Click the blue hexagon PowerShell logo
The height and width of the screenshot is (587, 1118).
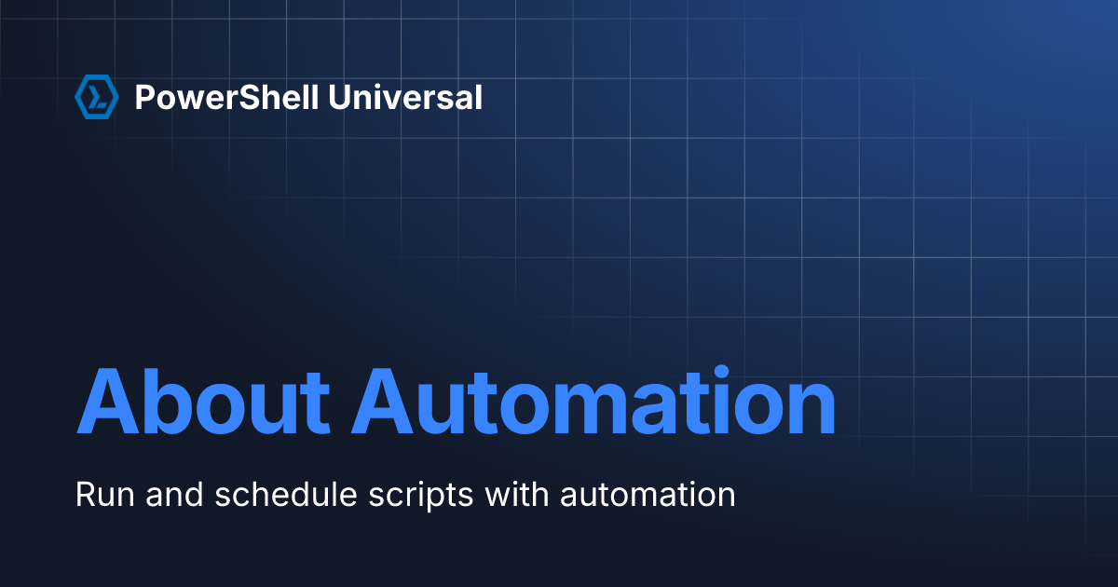(96, 97)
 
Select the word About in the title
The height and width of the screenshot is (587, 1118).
(203, 403)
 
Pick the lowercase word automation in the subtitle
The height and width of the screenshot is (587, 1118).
(648, 494)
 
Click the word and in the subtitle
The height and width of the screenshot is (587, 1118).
(173, 494)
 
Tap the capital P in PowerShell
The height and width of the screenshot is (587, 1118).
(144, 97)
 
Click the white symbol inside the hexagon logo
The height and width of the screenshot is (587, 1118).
(96, 97)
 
